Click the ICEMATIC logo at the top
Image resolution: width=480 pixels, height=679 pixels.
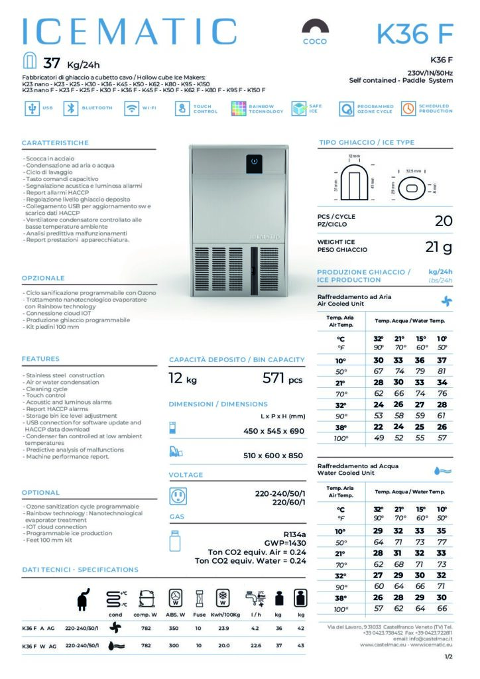click(129, 32)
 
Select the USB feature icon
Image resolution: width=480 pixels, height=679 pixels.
click(30, 109)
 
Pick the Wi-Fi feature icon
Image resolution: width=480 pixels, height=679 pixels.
click(131, 109)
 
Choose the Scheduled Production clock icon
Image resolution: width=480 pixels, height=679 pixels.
click(408, 109)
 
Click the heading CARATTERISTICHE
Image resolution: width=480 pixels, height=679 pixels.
click(55, 143)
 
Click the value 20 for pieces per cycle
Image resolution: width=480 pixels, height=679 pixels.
click(443, 221)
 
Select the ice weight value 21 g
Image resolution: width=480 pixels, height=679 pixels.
click(438, 247)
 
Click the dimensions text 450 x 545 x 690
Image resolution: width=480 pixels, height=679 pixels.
click(273, 431)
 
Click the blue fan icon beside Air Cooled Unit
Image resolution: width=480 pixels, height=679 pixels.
click(446, 300)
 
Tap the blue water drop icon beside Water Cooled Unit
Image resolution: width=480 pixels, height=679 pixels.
click(442, 470)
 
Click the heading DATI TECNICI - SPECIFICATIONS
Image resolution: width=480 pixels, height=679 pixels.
click(80, 570)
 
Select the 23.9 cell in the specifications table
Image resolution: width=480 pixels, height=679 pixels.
click(223, 627)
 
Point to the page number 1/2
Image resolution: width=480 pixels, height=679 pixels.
click(449, 656)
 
